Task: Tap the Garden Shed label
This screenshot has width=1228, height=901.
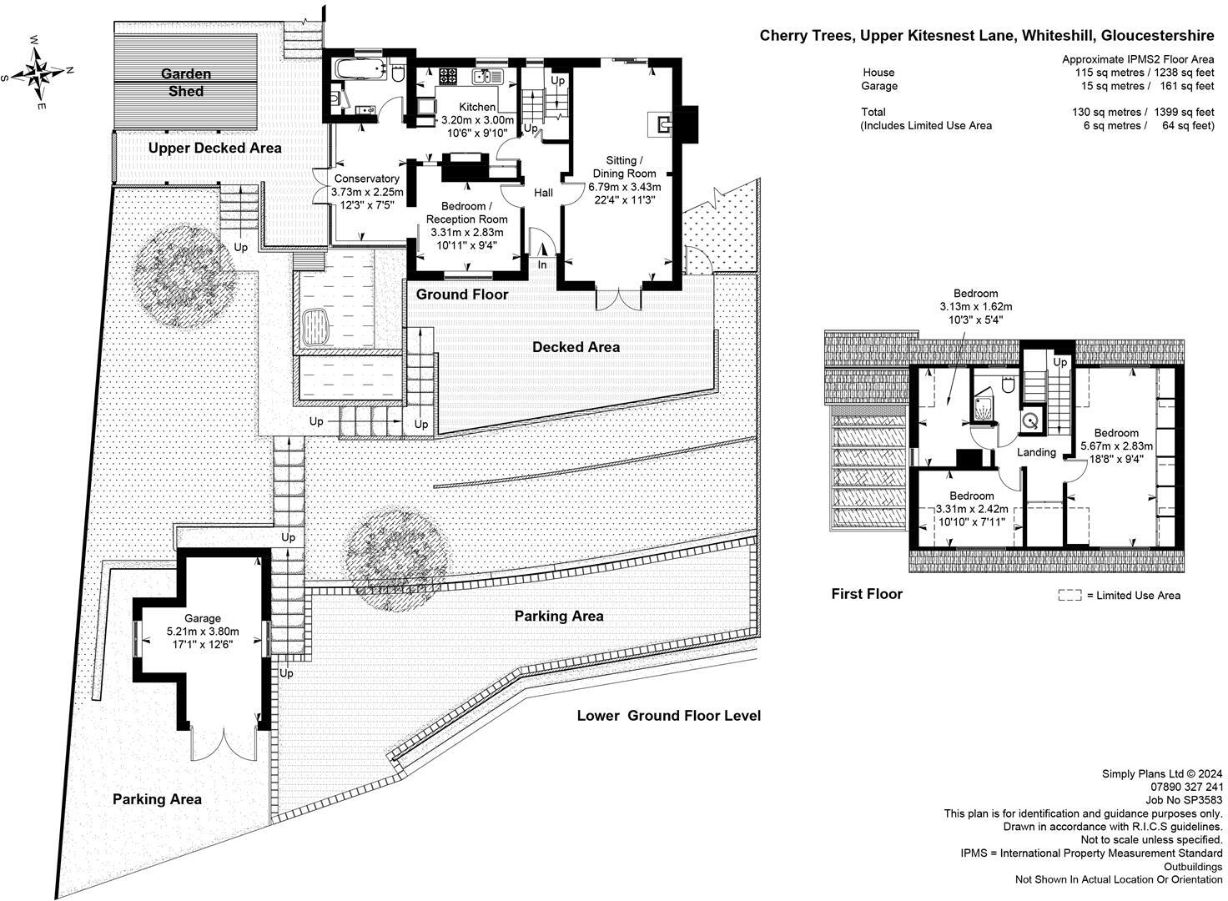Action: (186, 83)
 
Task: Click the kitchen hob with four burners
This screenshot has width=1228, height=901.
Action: (448, 75)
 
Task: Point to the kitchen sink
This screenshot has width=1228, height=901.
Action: (487, 76)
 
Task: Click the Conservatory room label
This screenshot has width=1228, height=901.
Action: (367, 179)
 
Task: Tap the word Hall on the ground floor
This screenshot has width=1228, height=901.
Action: (543, 193)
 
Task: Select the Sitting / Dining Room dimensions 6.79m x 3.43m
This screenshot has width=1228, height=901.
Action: (624, 187)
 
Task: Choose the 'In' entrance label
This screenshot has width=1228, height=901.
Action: (542, 264)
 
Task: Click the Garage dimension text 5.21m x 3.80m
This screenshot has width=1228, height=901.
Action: (203, 632)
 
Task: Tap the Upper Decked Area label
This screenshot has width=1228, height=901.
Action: (215, 148)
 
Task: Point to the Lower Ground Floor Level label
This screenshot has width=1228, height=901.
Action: (669, 716)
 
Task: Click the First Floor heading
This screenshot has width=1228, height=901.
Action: (867, 594)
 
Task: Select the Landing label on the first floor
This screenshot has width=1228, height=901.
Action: (1036, 452)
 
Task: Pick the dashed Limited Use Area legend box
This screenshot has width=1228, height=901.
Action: (1069, 595)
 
